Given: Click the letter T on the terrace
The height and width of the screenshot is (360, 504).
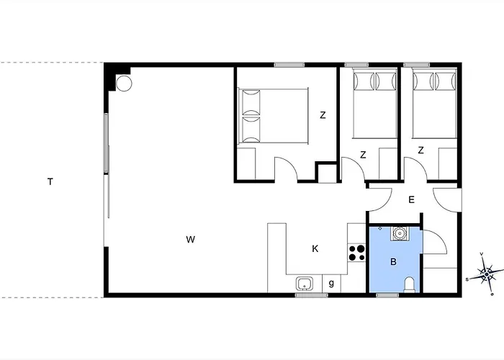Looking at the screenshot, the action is (x=50, y=182).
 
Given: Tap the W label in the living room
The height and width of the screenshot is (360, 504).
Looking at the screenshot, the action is (x=191, y=240).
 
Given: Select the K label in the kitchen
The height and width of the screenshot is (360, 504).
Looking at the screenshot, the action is (x=315, y=249).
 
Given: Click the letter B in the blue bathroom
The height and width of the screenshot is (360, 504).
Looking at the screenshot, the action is (x=393, y=262).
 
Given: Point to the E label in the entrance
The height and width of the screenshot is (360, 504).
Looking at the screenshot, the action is (x=411, y=200).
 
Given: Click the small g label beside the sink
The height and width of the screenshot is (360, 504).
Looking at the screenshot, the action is (x=331, y=283).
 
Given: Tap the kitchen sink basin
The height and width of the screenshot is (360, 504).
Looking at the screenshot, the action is (x=304, y=284).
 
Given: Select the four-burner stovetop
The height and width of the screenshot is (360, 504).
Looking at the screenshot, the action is (x=357, y=253).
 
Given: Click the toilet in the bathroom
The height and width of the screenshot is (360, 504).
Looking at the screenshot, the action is (x=410, y=285).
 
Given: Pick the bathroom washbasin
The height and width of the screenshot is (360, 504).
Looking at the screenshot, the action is (x=400, y=233).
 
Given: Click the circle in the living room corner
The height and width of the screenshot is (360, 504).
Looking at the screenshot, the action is (x=124, y=84).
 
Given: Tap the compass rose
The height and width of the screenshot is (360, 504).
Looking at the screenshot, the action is (x=487, y=274).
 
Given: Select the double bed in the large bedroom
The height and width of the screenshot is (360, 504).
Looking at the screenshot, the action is (x=273, y=116).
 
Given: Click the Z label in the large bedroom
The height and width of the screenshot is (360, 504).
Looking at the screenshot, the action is (x=323, y=115).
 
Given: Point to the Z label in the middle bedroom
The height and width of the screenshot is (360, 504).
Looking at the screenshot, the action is (x=363, y=155).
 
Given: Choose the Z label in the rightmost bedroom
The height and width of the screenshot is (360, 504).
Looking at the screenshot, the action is (x=420, y=150).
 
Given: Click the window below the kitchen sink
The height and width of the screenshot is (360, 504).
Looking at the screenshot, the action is (x=312, y=295).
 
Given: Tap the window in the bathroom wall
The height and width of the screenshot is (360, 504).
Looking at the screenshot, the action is (x=387, y=295).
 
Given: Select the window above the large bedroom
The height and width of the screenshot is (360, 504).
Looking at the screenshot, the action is (x=289, y=65).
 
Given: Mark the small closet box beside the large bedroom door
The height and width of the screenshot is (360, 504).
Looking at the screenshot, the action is (x=327, y=174).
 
